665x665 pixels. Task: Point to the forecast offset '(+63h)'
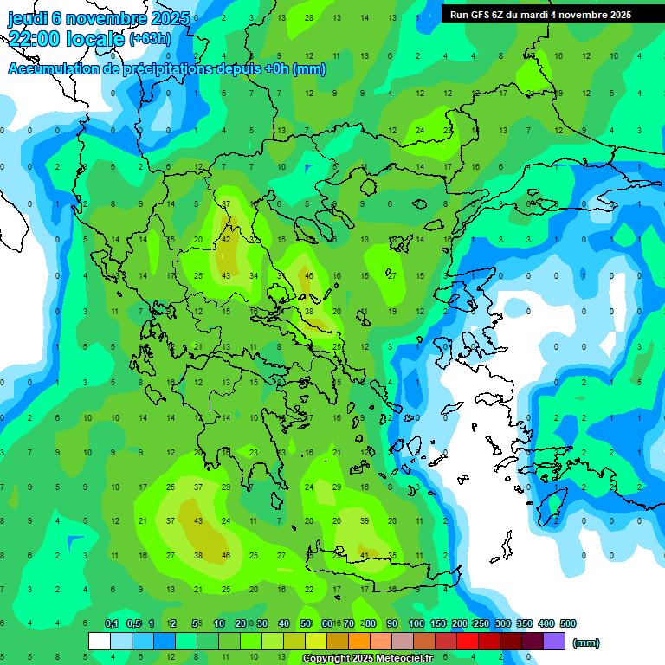click(150, 38)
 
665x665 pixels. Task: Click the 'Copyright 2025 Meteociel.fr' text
click(367, 659)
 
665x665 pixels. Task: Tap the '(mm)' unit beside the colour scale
click(586, 642)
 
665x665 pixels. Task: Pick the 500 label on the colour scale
click(567, 624)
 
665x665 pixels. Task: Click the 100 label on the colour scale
click(416, 624)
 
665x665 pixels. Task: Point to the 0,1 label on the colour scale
click(112, 624)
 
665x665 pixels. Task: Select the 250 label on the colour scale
click(481, 624)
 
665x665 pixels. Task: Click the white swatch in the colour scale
click(100, 642)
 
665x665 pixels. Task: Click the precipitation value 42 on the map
click(226, 240)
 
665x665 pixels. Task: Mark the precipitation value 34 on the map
click(254, 276)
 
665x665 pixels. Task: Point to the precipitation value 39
click(365, 520)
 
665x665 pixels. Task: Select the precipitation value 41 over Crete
click(365, 555)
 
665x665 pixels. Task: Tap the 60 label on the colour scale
click(326, 624)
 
